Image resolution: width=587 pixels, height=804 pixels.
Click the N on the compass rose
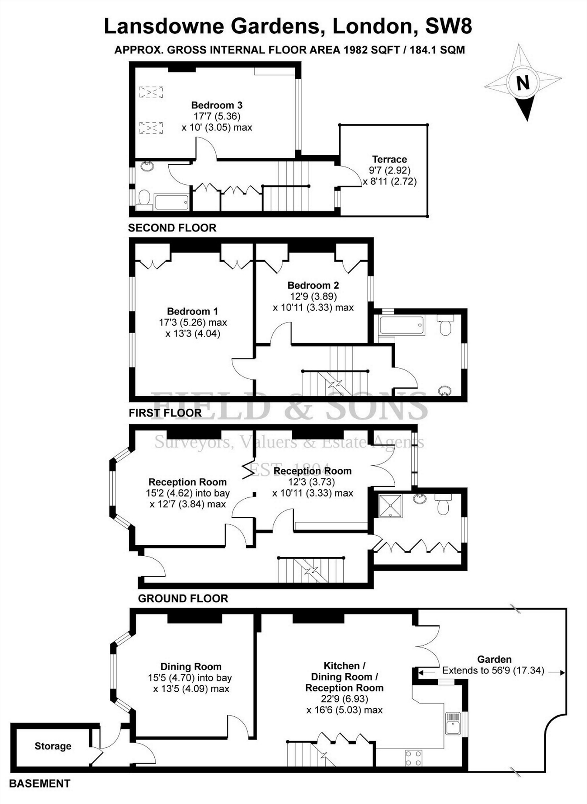(x=523, y=82)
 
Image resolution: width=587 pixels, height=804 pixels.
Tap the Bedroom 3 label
(x=217, y=105)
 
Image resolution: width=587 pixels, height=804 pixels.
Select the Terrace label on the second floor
(x=389, y=159)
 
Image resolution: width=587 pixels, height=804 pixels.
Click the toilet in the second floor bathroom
(x=144, y=199)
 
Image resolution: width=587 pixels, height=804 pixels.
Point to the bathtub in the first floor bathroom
(x=401, y=325)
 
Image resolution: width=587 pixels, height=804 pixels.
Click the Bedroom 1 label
(x=192, y=311)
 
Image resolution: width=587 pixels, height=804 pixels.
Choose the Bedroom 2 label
(x=313, y=285)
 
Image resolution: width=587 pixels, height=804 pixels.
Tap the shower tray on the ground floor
(x=390, y=505)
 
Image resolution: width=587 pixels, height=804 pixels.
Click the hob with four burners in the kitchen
(x=413, y=758)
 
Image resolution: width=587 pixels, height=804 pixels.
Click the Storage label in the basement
(x=53, y=746)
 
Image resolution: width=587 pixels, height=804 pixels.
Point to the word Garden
(x=494, y=659)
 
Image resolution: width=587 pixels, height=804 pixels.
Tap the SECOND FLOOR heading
(x=172, y=228)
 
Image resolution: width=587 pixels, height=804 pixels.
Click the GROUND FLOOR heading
(x=183, y=598)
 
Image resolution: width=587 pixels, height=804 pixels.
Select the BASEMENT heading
(x=40, y=784)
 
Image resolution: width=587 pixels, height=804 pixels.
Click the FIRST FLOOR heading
(x=165, y=413)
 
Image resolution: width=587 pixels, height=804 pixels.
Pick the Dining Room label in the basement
(x=191, y=667)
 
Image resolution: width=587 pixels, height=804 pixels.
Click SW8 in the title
(x=448, y=27)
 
